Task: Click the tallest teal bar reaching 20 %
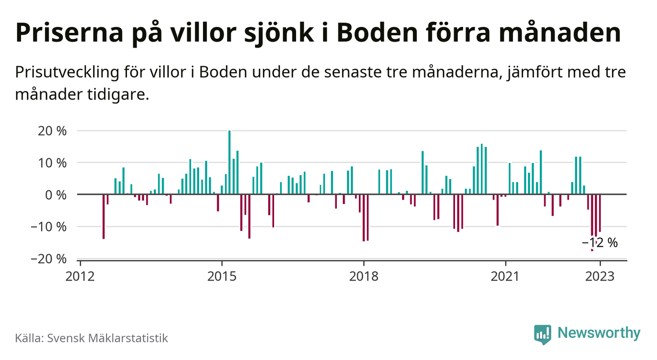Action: pos(229,162)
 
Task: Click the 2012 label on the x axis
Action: pos(80,276)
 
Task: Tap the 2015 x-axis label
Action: pos(222,276)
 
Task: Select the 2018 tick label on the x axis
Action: pos(363,276)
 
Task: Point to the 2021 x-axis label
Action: pos(505,276)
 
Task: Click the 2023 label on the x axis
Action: pos(599,276)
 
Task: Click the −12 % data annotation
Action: pos(600,242)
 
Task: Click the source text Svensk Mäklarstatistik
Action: pos(107,338)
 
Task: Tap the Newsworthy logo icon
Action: pos(542,334)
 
